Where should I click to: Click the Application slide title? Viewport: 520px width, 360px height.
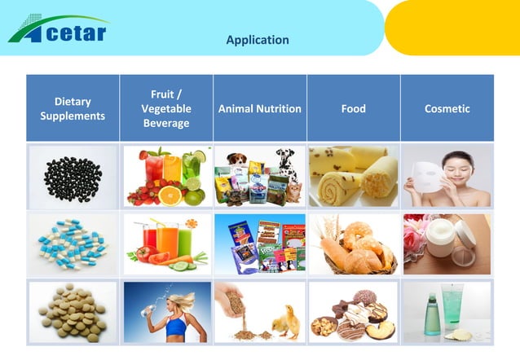tap(258, 40)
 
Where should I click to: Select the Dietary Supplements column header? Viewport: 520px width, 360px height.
tap(73, 108)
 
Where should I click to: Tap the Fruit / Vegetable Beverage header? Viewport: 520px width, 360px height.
tap(166, 108)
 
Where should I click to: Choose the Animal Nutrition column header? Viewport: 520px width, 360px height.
tap(260, 108)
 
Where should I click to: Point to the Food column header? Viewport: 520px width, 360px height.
tap(354, 108)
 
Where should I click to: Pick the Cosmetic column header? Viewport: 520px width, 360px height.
tap(447, 108)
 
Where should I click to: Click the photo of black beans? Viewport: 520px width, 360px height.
tap(73, 175)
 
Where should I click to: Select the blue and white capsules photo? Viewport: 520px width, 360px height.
tap(73, 244)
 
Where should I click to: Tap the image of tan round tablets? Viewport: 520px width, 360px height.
tap(73, 312)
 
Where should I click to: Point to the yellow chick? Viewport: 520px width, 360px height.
tap(287, 323)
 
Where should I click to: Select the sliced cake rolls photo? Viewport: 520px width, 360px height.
tap(354, 175)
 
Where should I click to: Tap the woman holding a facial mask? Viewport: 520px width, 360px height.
tap(447, 175)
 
